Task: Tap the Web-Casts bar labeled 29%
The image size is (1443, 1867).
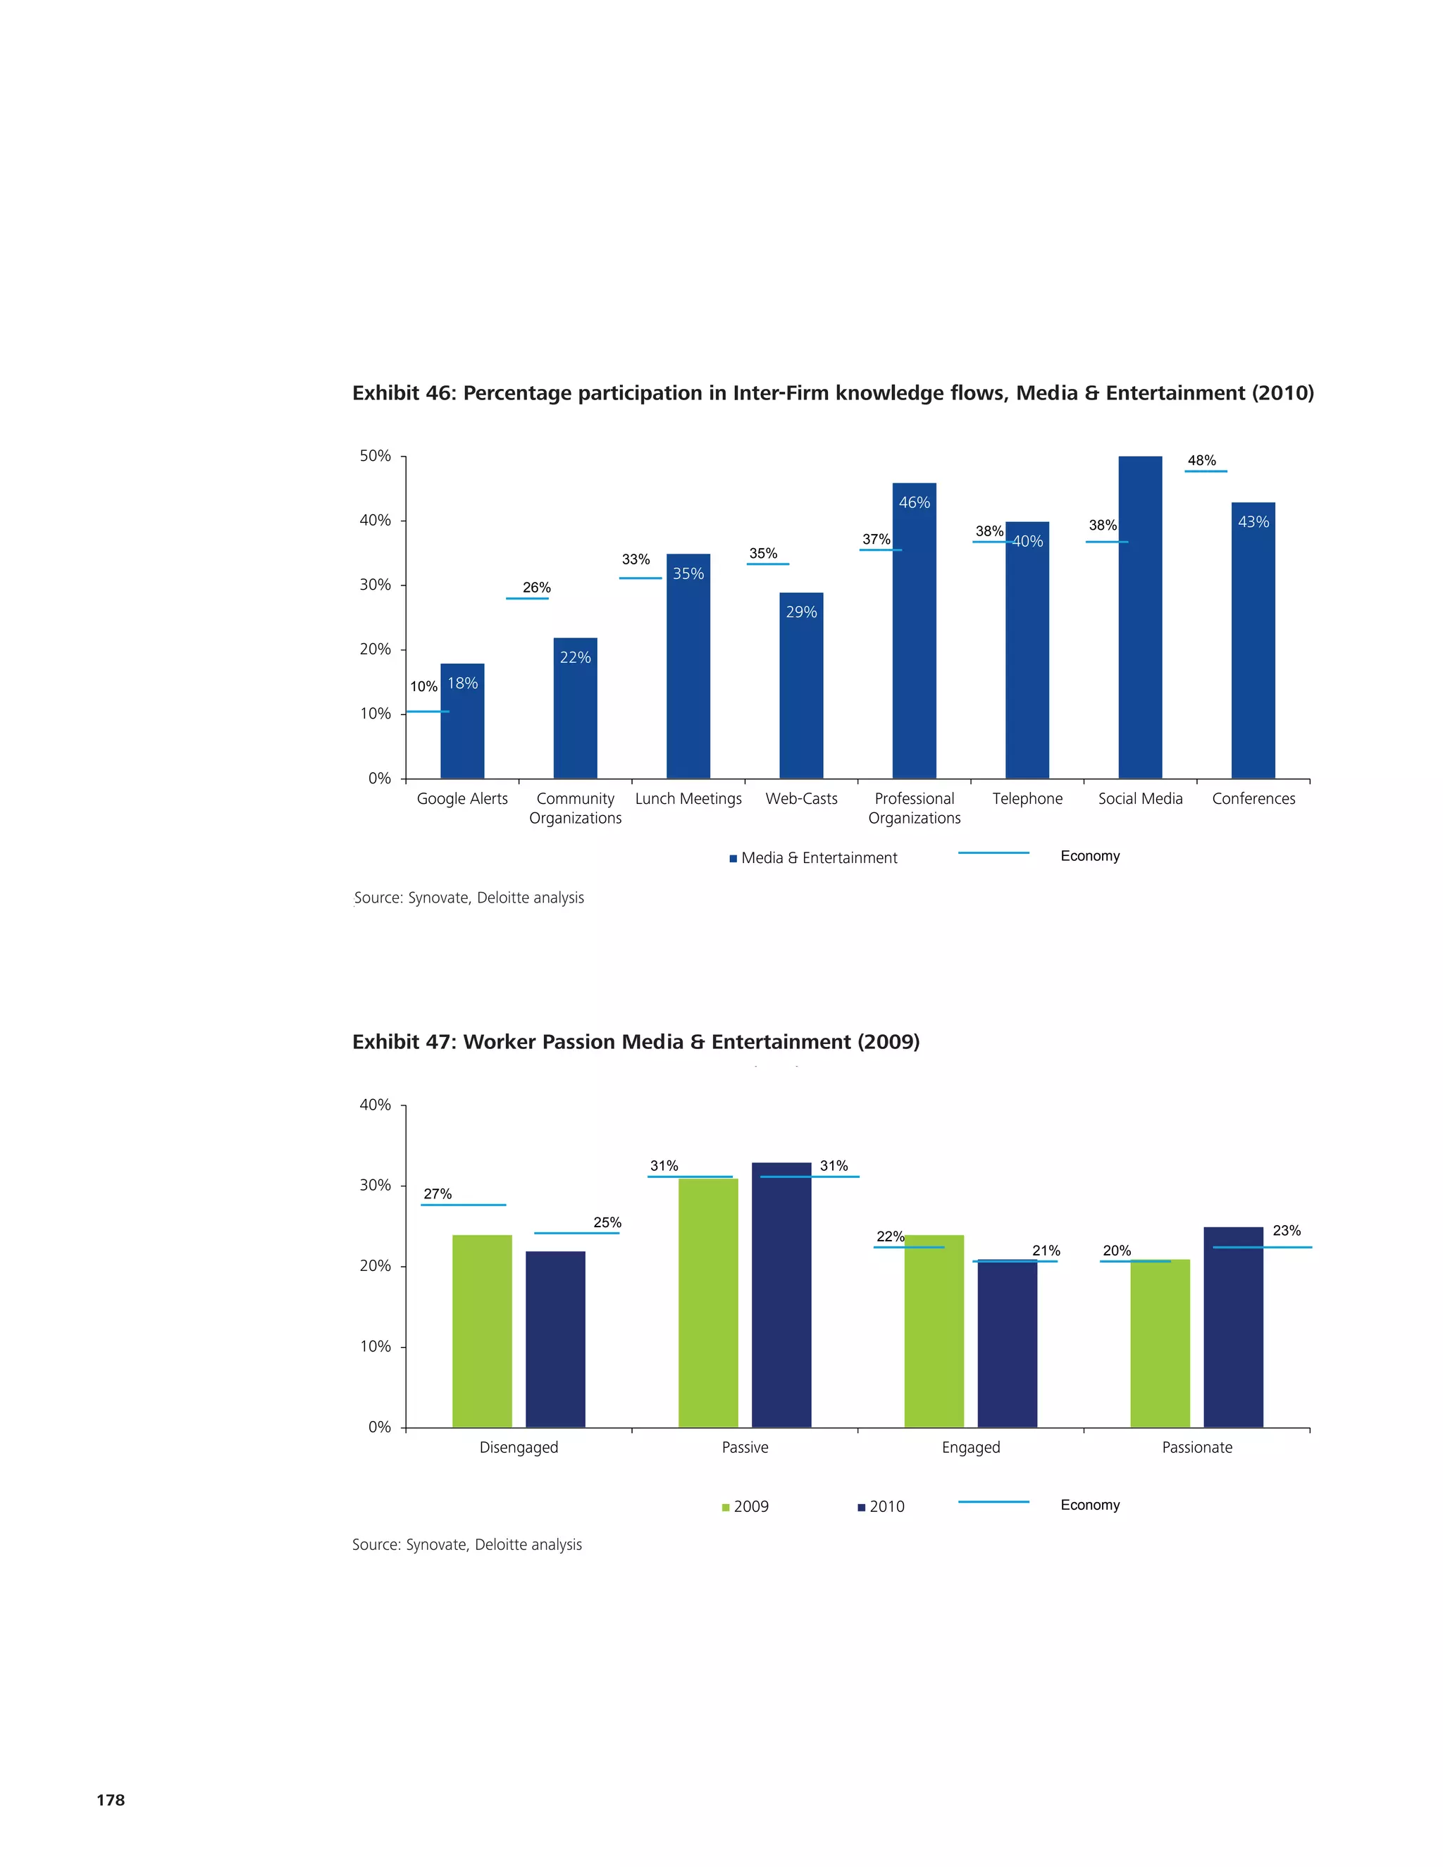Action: [801, 685]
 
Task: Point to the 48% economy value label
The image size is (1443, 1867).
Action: [1201, 461]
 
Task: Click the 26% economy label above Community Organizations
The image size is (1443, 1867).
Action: [537, 588]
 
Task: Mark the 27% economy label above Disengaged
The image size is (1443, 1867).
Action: [438, 1193]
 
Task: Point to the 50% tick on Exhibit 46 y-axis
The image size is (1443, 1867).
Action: [376, 456]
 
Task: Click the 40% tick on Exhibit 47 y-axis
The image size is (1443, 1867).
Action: [376, 1105]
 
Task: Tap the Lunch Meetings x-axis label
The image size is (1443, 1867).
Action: [688, 798]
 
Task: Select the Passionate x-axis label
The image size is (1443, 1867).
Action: [1197, 1447]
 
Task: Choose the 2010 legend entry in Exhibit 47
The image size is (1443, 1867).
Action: [881, 1506]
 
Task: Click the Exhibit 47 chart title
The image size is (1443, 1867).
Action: [636, 1041]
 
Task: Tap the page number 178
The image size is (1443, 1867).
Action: [111, 1799]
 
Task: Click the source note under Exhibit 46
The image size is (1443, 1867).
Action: [469, 898]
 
